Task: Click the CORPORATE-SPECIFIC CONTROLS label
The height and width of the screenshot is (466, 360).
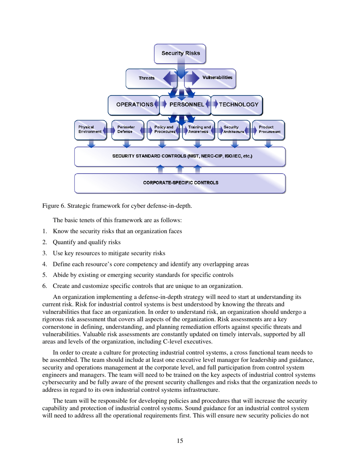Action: pyautogui.click(x=180, y=183)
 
